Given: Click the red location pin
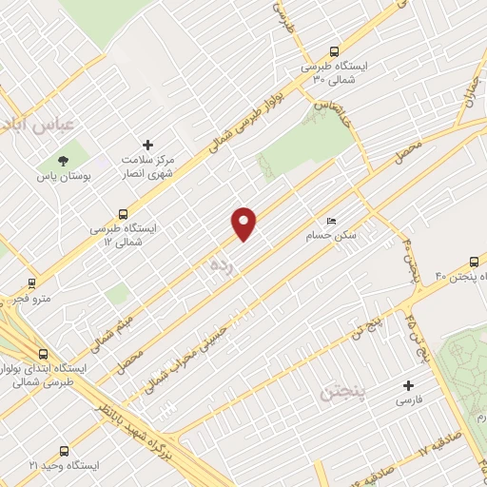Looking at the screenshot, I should coord(244,223).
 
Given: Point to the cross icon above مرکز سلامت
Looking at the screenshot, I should coord(147,144).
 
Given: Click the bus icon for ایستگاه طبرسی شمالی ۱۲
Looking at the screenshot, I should coord(122,214).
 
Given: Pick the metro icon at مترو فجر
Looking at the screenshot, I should coord(32,282).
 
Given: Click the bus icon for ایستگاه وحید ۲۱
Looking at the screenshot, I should coord(64,453).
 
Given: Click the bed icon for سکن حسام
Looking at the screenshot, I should coord(331,216).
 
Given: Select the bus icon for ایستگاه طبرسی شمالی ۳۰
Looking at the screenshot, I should coord(333,51).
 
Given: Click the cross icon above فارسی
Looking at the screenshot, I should coord(408,386).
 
